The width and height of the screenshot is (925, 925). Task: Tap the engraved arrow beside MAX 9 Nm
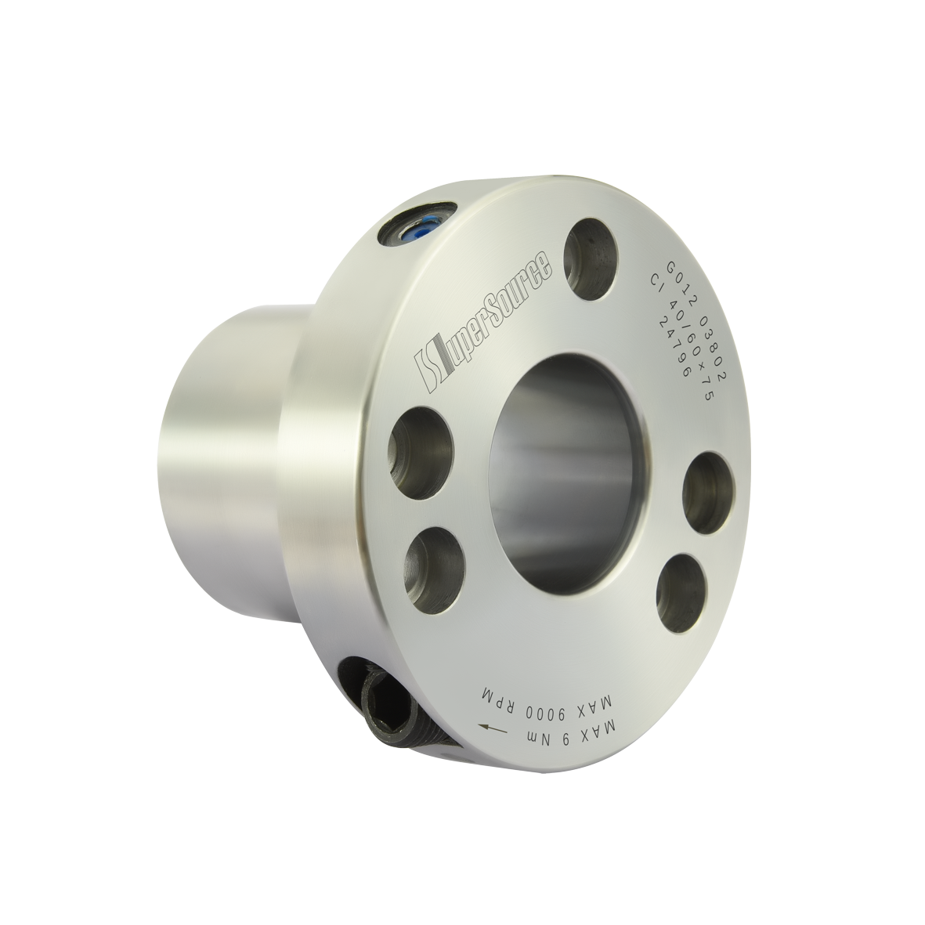[494, 728]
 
